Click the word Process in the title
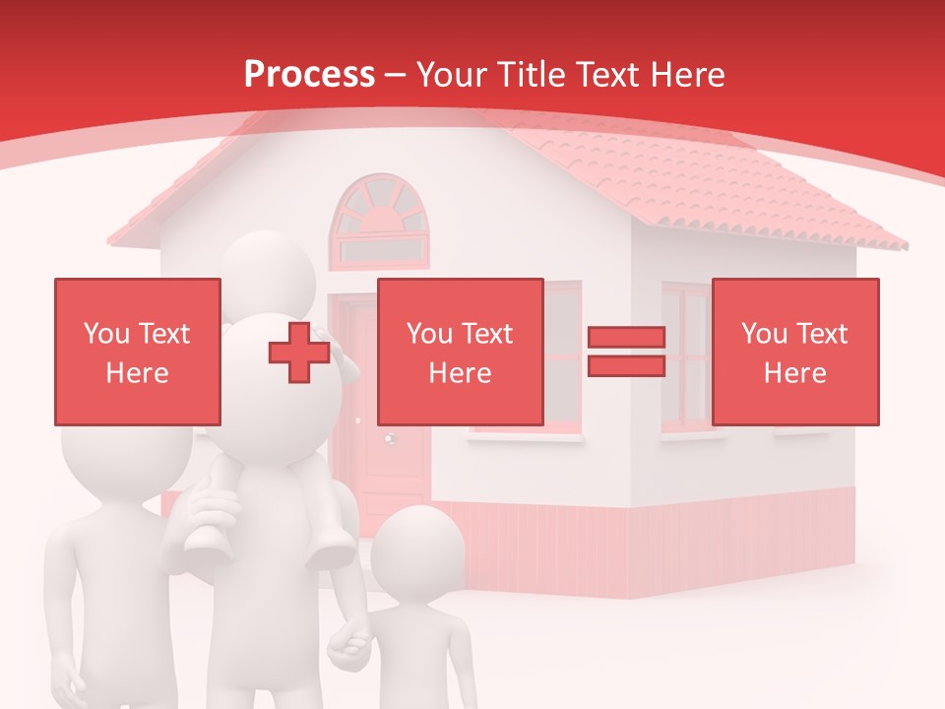pos(309,74)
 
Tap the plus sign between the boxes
pos(299,352)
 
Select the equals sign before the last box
pos(626,352)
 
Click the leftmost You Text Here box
pos(137,352)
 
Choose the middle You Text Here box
pos(460,352)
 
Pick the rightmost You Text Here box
pos(794,352)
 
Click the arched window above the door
pos(380,222)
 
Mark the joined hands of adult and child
pos(349,645)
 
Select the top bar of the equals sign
pos(626,338)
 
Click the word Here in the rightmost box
pos(794,372)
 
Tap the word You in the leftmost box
pos(106,334)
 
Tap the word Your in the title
pos(454,74)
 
